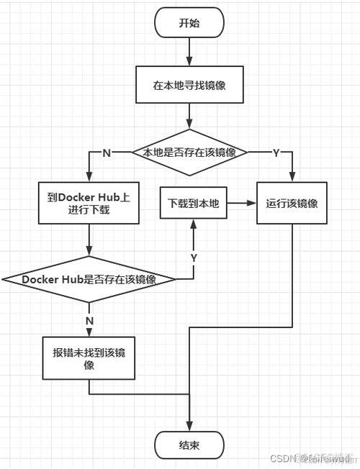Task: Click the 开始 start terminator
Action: (189, 23)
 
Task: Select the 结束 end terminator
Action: (189, 445)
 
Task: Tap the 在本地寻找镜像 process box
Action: (189, 84)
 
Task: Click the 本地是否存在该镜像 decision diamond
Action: (189, 152)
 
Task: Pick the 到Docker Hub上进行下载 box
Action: (88, 204)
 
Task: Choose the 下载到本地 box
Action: (193, 204)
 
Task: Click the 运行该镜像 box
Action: (292, 204)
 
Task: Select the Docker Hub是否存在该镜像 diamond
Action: (89, 279)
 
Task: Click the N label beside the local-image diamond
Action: (107, 152)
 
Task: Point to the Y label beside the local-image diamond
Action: (276, 152)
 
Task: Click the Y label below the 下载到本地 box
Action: (194, 258)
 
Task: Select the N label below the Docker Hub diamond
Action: (89, 319)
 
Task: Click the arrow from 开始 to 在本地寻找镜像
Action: (189, 52)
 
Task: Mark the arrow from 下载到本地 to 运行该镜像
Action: (242, 204)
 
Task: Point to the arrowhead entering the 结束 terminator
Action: (189, 427)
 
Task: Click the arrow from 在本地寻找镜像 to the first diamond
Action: (189, 115)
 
